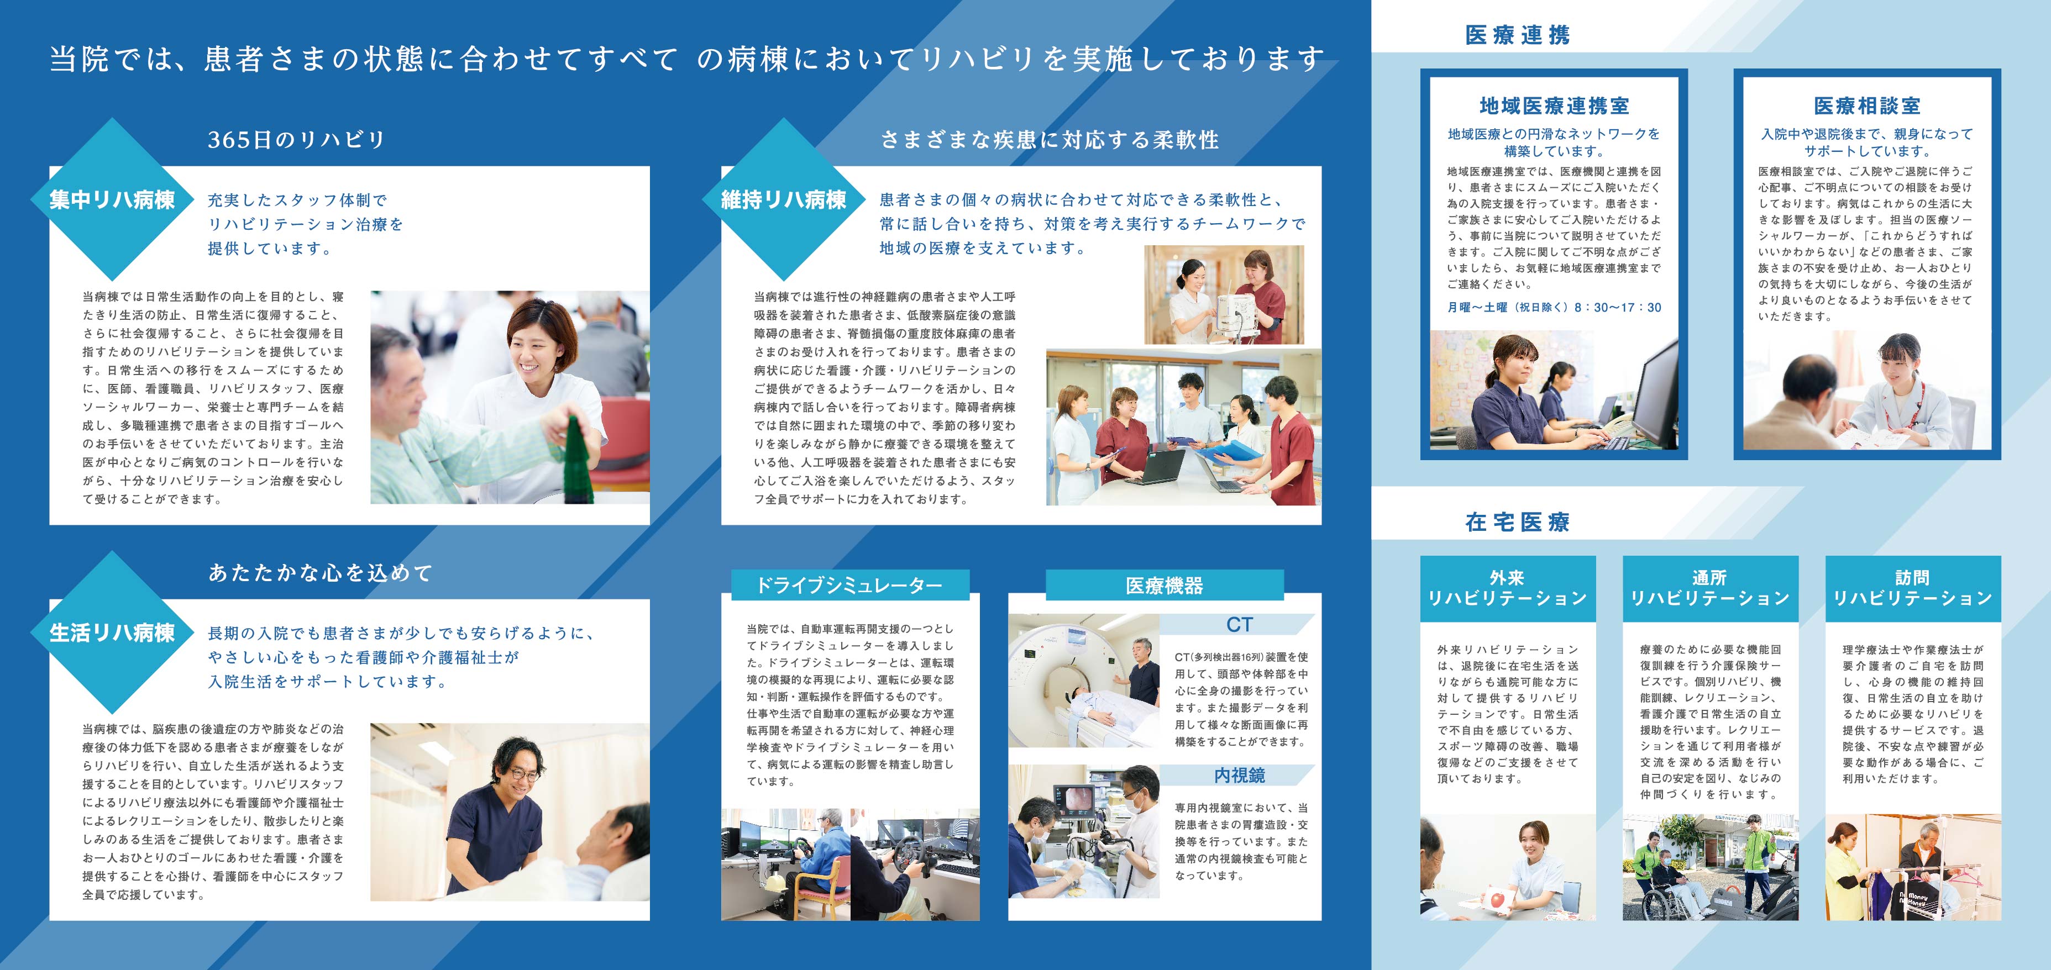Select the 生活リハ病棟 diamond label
pos(112,632)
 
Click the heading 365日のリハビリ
pos(296,140)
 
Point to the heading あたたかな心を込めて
pos(320,573)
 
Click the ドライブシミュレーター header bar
pos(849,585)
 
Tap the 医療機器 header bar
pos(1164,585)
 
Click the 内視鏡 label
pos(1239,775)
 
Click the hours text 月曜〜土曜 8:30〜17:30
pos(1554,307)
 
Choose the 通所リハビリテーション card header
pos(1710,588)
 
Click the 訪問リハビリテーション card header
pos(1912,588)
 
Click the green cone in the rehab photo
pos(578,460)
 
